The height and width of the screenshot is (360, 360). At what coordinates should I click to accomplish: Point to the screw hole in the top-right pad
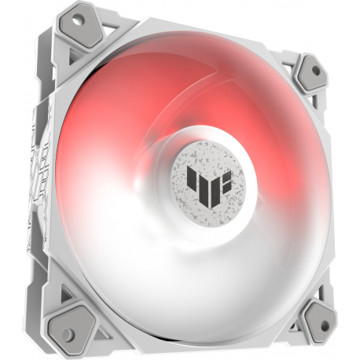[x=316, y=71]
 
